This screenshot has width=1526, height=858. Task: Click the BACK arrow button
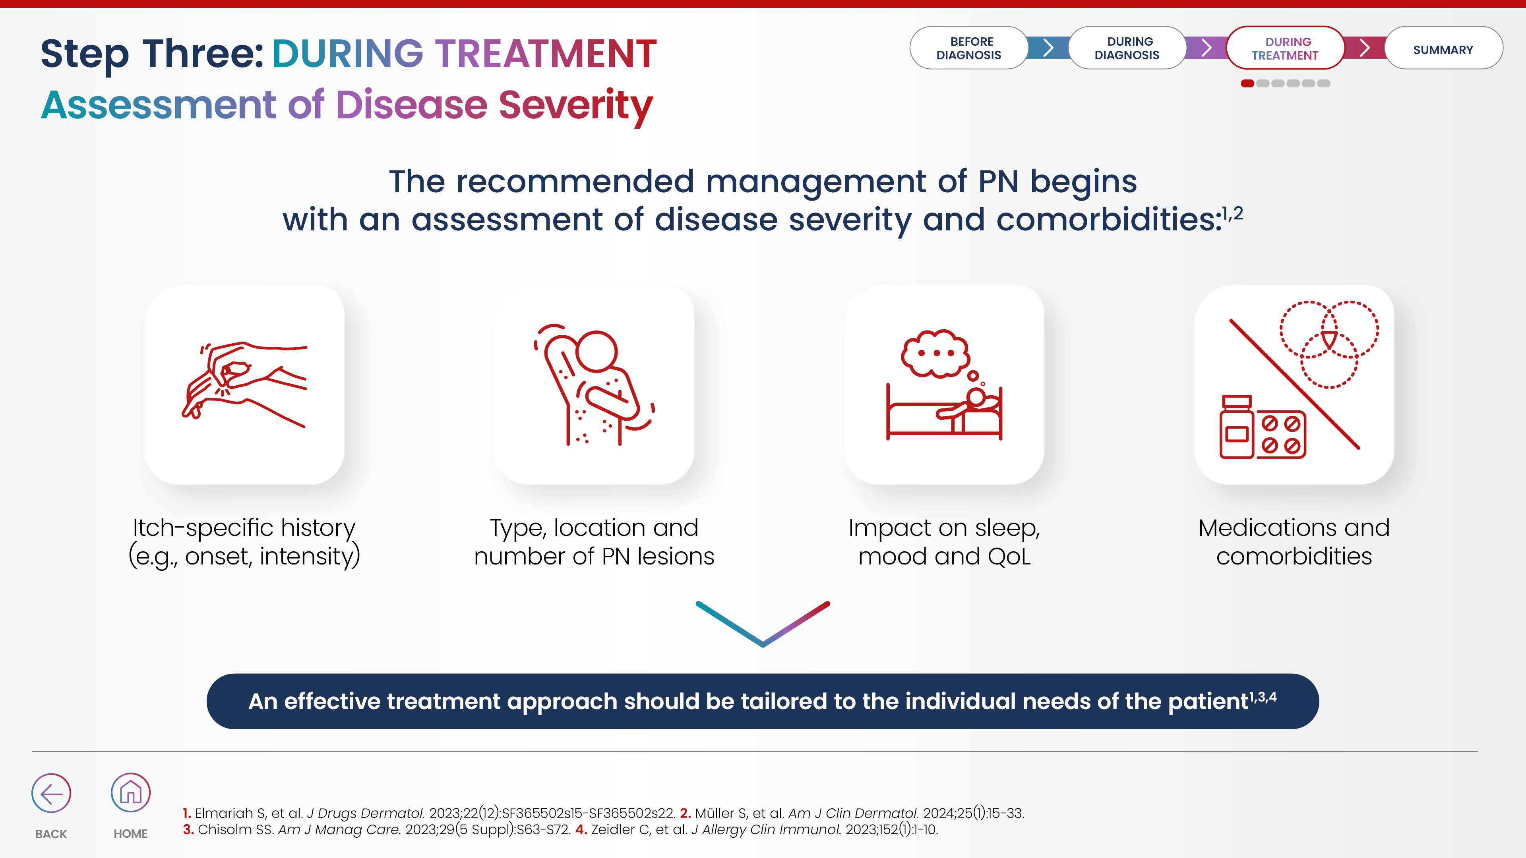(x=51, y=793)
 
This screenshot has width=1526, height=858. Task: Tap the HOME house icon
(x=130, y=792)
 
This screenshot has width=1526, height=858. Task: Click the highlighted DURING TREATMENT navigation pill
(x=1285, y=48)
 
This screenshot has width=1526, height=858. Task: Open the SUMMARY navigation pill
(x=1443, y=48)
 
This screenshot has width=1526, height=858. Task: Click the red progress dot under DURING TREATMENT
(x=1247, y=83)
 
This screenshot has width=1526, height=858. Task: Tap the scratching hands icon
(x=244, y=384)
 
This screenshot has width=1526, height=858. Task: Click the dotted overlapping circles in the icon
(x=1329, y=344)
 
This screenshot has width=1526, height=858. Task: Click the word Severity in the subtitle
(x=575, y=105)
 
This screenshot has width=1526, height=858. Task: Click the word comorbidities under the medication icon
(x=1294, y=557)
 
